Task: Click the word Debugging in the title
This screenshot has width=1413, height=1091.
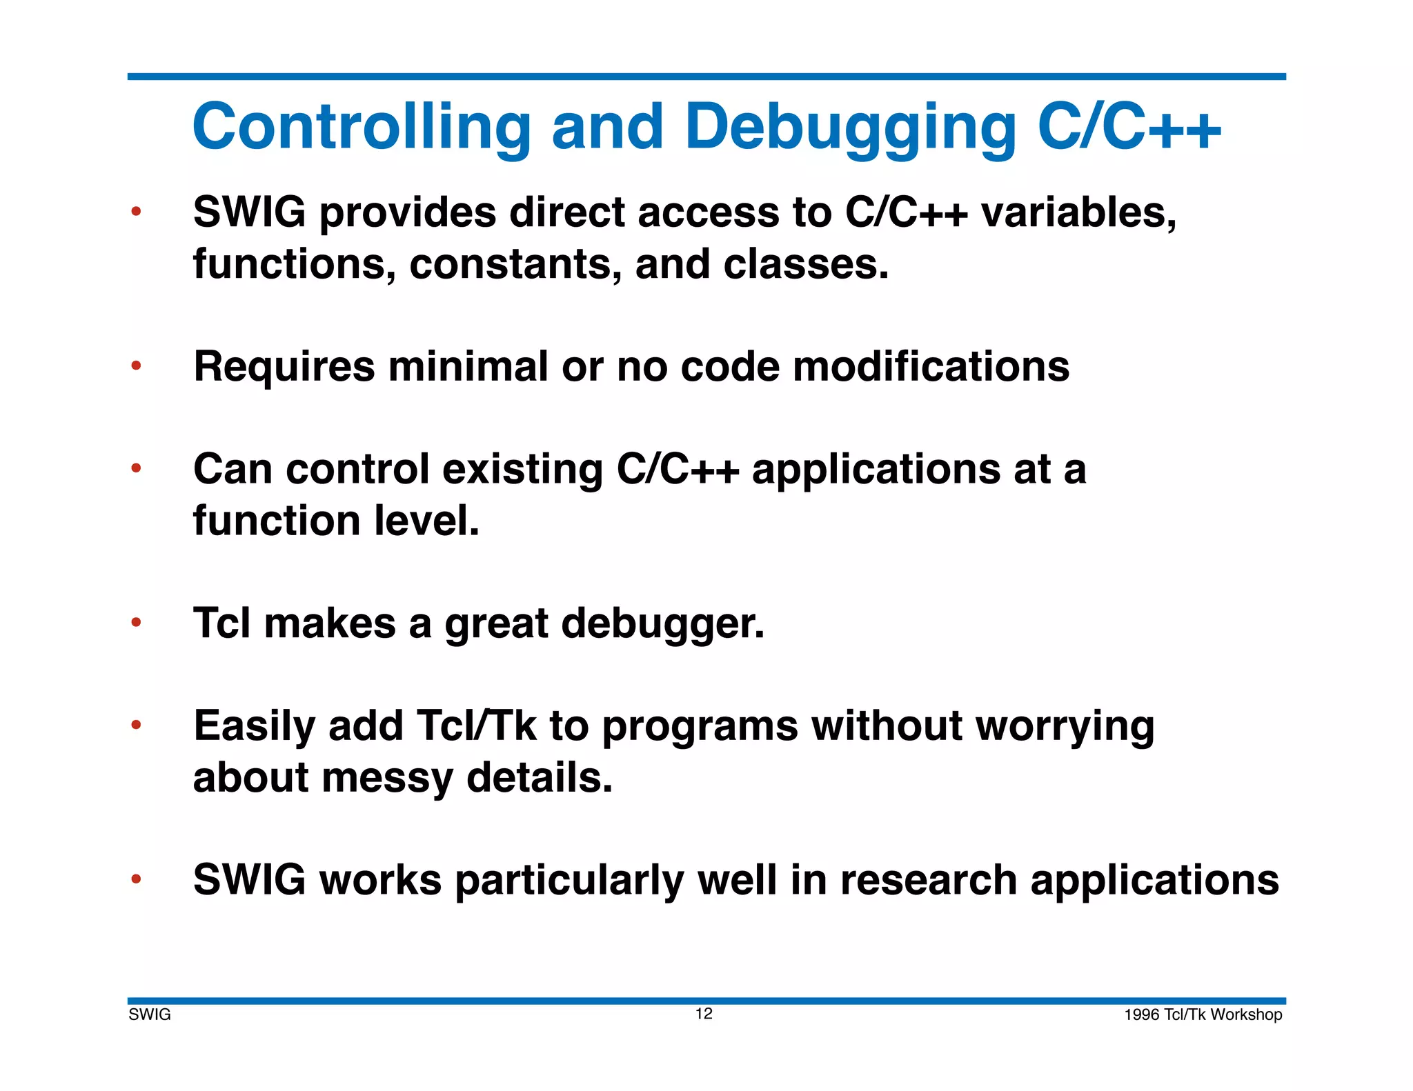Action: click(x=850, y=128)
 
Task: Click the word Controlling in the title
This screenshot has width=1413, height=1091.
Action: click(x=362, y=128)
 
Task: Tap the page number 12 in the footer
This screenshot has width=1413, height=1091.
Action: click(x=704, y=1013)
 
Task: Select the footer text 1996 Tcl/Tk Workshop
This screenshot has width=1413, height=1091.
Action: click(x=1203, y=1014)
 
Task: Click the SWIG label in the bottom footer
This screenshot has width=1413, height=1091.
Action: click(x=150, y=1014)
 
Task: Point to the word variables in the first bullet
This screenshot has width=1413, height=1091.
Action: click(x=1078, y=212)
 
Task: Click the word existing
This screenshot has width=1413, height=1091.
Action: click(x=522, y=470)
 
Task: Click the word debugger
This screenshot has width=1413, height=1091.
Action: click(x=662, y=624)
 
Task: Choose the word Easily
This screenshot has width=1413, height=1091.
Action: click(x=254, y=727)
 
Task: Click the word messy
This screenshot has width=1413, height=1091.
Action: click(x=387, y=779)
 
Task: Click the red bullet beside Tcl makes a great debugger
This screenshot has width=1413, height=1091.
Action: click(x=137, y=623)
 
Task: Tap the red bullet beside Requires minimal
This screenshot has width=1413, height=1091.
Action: click(x=137, y=365)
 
